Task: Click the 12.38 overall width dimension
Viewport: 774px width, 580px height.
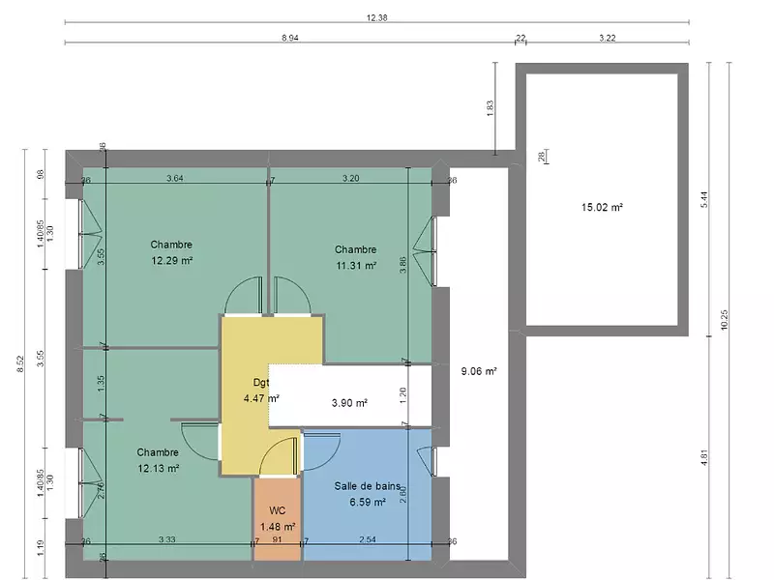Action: (377, 17)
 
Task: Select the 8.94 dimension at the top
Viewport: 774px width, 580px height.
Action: (289, 37)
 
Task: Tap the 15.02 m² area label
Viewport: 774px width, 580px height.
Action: (601, 206)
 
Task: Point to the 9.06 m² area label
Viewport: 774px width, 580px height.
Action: (479, 370)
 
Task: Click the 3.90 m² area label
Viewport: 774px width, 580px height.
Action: (349, 402)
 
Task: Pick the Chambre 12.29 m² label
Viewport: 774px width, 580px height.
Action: (171, 252)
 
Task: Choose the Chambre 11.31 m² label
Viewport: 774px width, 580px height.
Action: (356, 256)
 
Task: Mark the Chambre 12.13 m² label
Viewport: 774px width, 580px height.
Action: (158, 460)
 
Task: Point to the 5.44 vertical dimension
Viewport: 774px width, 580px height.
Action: (705, 198)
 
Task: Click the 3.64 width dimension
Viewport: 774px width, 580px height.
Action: (175, 178)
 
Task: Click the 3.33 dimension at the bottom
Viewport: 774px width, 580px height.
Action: (167, 539)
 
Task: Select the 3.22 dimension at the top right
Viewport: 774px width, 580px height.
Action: (608, 37)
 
